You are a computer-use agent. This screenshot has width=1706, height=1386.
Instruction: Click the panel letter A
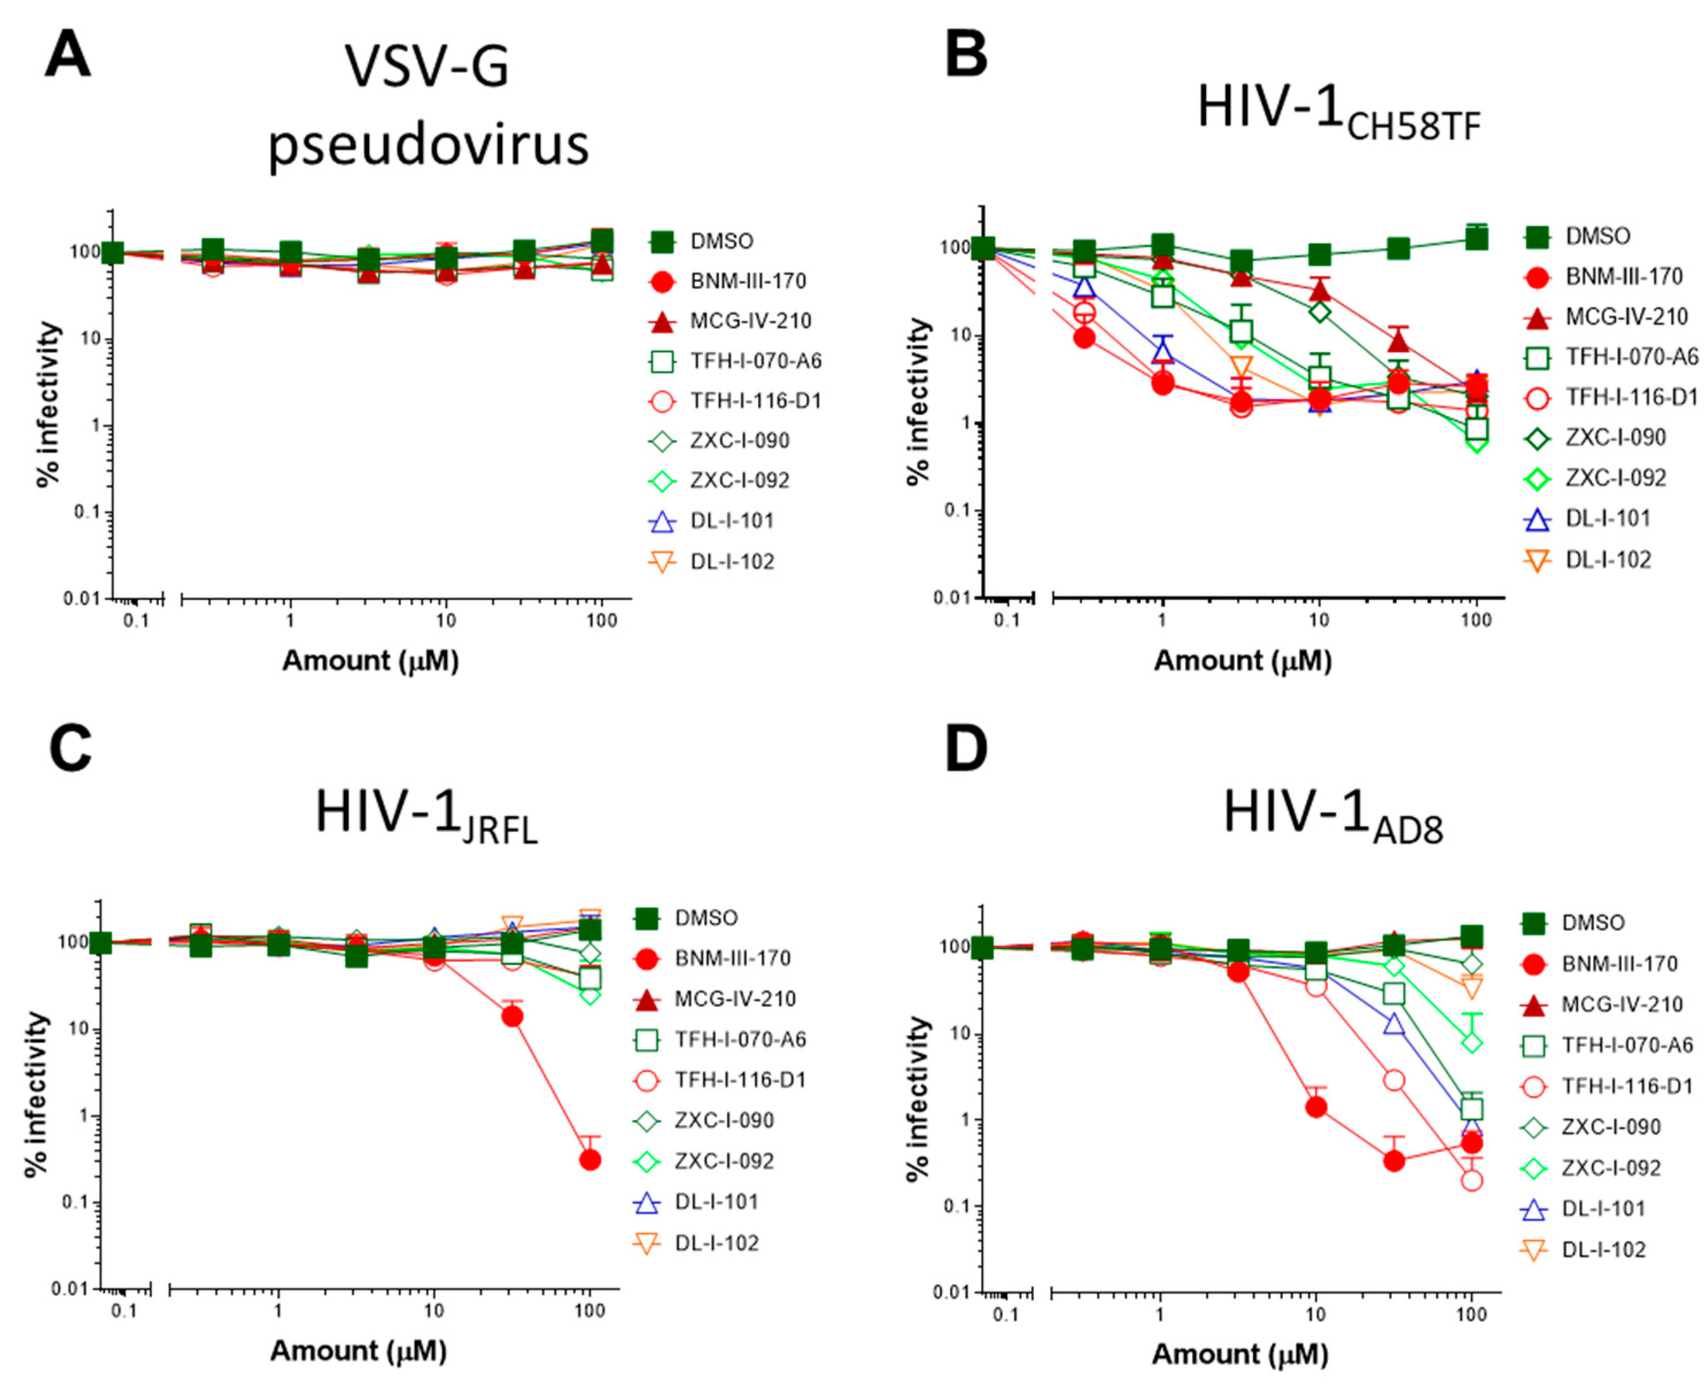click(67, 56)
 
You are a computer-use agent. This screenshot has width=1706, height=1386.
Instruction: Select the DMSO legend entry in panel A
click(721, 241)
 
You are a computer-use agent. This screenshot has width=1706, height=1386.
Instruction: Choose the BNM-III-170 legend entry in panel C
click(731, 958)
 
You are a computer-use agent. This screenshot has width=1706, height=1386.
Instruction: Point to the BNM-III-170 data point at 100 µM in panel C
click(590, 1159)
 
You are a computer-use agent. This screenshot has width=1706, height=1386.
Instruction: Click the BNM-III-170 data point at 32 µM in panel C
click(511, 1016)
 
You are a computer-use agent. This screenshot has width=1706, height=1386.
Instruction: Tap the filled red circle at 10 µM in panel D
click(1316, 1106)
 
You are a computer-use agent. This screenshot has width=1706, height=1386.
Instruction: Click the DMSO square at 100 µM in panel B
click(1477, 239)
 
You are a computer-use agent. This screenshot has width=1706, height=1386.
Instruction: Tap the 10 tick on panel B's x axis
click(1319, 620)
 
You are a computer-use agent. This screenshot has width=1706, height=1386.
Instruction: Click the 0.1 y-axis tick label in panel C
click(73, 1202)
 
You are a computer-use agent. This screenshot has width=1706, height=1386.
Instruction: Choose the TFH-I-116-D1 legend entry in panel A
click(754, 401)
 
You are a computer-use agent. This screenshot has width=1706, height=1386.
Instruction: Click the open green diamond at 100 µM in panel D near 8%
click(1473, 1043)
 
